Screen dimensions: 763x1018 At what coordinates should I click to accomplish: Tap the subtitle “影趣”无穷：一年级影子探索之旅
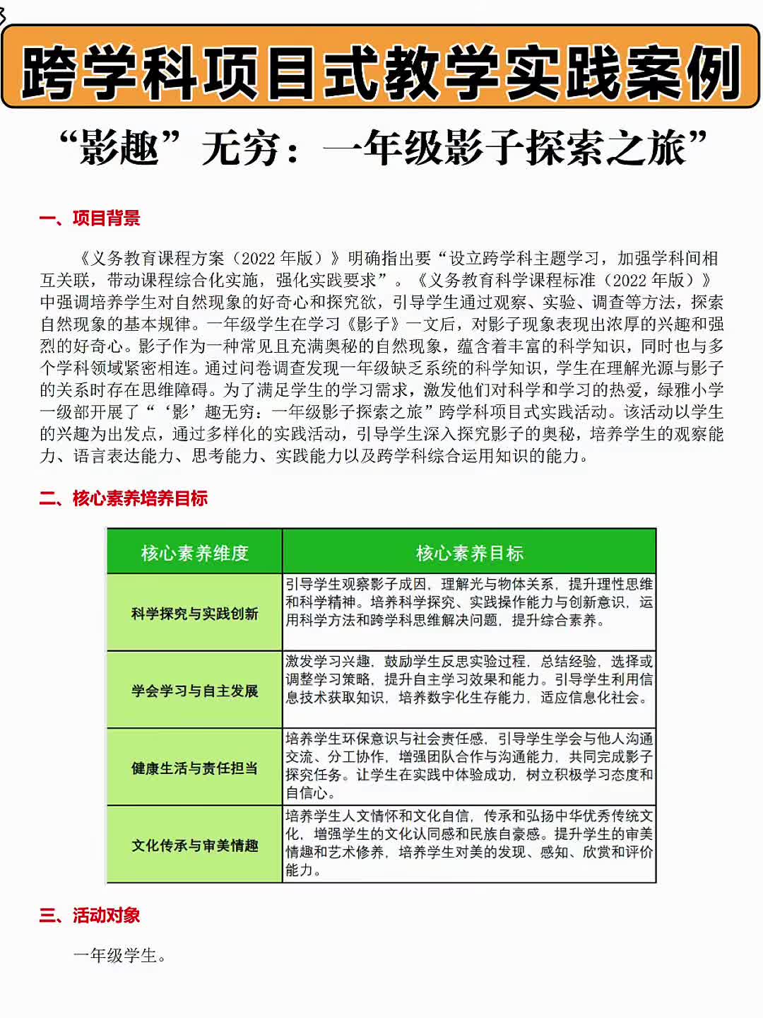click(x=382, y=148)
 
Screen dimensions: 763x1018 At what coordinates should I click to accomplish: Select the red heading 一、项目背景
click(x=90, y=218)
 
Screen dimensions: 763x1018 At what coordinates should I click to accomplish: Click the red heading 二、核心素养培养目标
click(x=124, y=498)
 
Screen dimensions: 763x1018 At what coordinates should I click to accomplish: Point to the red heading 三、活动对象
click(x=90, y=915)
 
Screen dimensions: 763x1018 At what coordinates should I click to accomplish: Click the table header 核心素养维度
click(x=194, y=553)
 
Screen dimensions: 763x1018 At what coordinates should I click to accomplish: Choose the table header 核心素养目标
click(x=469, y=553)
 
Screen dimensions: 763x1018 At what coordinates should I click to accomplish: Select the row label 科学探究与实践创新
click(x=194, y=614)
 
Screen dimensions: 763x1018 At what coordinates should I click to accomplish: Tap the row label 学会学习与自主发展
click(x=194, y=691)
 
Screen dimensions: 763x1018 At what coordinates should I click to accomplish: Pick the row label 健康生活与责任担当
click(x=194, y=768)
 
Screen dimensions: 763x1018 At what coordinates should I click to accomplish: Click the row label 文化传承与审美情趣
click(x=194, y=846)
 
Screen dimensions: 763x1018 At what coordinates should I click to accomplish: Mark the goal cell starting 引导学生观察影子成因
click(x=469, y=602)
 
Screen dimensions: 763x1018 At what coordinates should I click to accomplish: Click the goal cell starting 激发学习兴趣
click(x=469, y=679)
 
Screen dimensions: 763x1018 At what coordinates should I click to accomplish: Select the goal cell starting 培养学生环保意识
click(x=469, y=766)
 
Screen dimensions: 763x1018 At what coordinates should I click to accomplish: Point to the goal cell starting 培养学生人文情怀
click(x=469, y=843)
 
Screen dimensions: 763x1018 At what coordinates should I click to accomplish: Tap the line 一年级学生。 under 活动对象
click(x=120, y=956)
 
